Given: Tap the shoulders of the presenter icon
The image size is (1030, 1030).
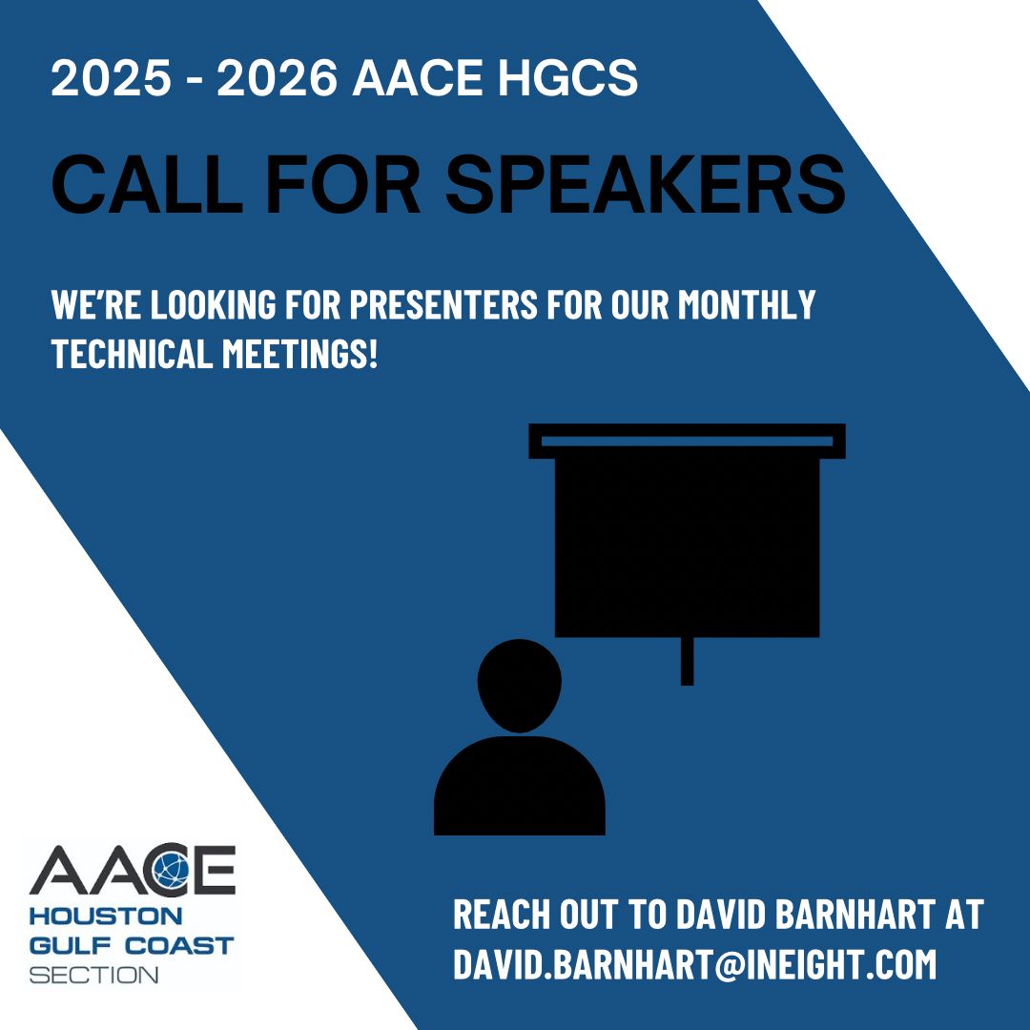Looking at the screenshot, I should (519, 787).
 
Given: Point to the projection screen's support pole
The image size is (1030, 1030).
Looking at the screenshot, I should (687, 661).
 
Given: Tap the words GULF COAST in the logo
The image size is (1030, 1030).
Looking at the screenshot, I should (131, 947).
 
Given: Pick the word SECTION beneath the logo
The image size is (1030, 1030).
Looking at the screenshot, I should (94, 975).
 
